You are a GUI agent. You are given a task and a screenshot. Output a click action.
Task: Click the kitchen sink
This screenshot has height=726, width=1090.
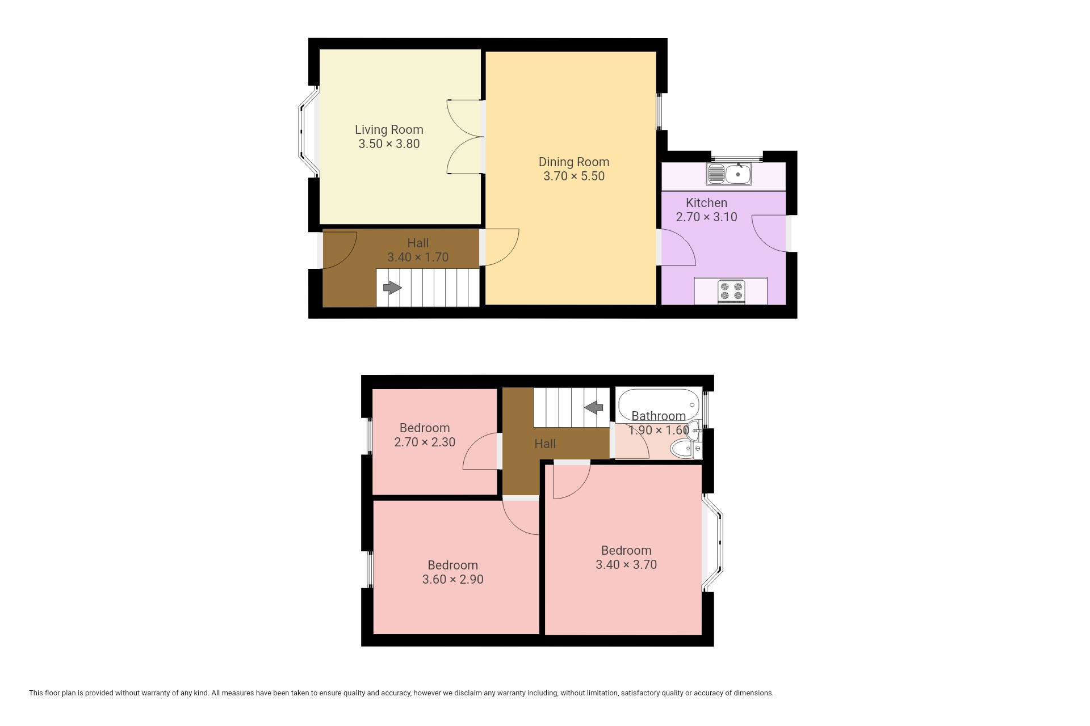729,174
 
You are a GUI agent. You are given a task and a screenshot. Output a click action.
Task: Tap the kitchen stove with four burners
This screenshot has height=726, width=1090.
731,292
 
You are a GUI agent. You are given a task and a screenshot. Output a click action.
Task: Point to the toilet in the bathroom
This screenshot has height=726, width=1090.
686,450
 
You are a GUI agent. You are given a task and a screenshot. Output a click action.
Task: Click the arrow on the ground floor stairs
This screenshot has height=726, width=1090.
392,288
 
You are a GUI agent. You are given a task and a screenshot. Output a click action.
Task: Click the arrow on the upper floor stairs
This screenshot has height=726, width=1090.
593,407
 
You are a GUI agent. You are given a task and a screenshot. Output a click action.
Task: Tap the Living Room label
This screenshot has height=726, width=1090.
389,130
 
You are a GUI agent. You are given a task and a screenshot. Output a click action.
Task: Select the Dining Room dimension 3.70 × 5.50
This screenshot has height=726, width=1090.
574,176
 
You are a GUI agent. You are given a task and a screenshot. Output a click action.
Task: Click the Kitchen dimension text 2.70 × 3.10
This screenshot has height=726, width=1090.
706,217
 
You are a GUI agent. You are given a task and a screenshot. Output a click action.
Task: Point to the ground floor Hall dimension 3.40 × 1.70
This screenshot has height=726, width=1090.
418,258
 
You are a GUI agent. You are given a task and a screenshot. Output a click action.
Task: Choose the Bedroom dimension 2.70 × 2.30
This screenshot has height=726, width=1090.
425,442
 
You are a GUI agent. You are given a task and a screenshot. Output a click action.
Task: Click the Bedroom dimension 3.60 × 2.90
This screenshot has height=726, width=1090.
452,580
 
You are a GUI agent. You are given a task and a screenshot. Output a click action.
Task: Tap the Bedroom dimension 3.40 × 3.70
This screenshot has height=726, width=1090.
626,565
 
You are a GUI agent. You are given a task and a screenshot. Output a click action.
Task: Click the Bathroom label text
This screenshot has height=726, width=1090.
659,416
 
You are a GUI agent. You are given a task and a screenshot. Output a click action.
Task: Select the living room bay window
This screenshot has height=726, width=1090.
309,132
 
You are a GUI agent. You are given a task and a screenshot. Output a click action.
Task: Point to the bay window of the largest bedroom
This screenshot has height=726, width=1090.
712,543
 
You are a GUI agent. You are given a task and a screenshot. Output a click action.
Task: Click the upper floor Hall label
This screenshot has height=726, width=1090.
545,444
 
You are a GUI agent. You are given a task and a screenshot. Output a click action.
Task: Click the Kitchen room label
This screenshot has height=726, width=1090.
706,203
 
